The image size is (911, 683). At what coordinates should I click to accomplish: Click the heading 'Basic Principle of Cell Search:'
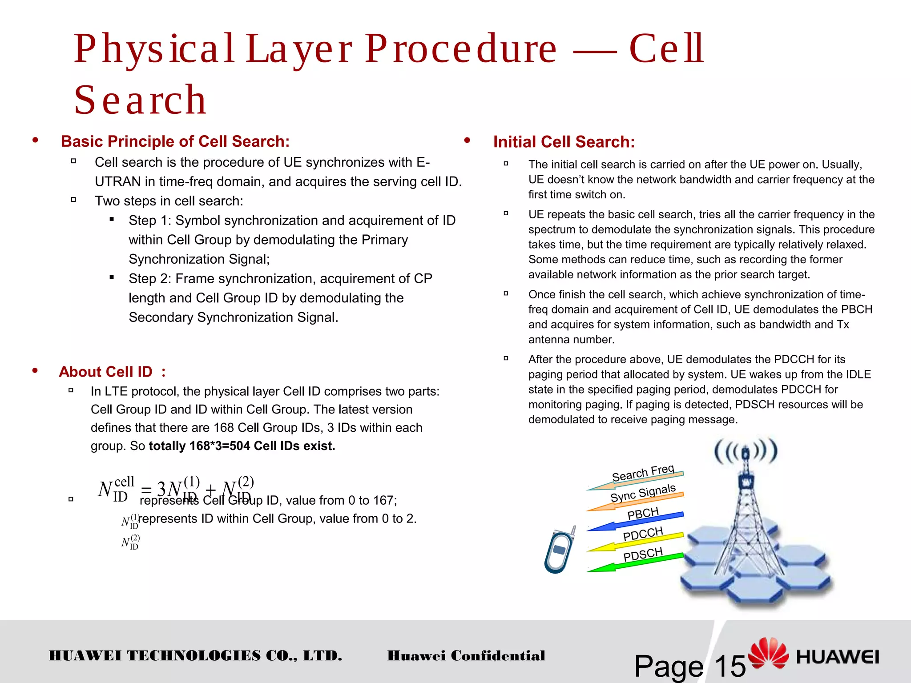pos(175,141)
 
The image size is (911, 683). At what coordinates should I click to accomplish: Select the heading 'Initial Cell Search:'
pos(564,142)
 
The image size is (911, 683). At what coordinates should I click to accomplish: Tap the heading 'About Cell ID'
pos(105,372)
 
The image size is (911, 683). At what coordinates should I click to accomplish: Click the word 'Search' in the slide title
pos(140,100)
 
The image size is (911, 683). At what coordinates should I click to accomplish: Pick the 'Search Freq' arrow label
pos(643,473)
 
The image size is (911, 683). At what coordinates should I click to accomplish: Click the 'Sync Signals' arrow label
pos(643,493)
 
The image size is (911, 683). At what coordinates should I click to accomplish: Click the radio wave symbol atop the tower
pos(746,452)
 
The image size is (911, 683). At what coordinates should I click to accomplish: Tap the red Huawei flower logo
pos(768,653)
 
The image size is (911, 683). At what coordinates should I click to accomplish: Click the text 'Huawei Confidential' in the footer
pos(466,655)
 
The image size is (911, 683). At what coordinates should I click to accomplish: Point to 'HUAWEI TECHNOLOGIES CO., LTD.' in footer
pos(195,655)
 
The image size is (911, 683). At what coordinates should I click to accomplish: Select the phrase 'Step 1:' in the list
pos(150,221)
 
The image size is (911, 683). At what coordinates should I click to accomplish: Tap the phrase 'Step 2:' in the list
pos(150,279)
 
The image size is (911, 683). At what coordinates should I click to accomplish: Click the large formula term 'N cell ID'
pos(116,489)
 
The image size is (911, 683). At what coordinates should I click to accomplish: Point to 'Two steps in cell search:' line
pos(169,201)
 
